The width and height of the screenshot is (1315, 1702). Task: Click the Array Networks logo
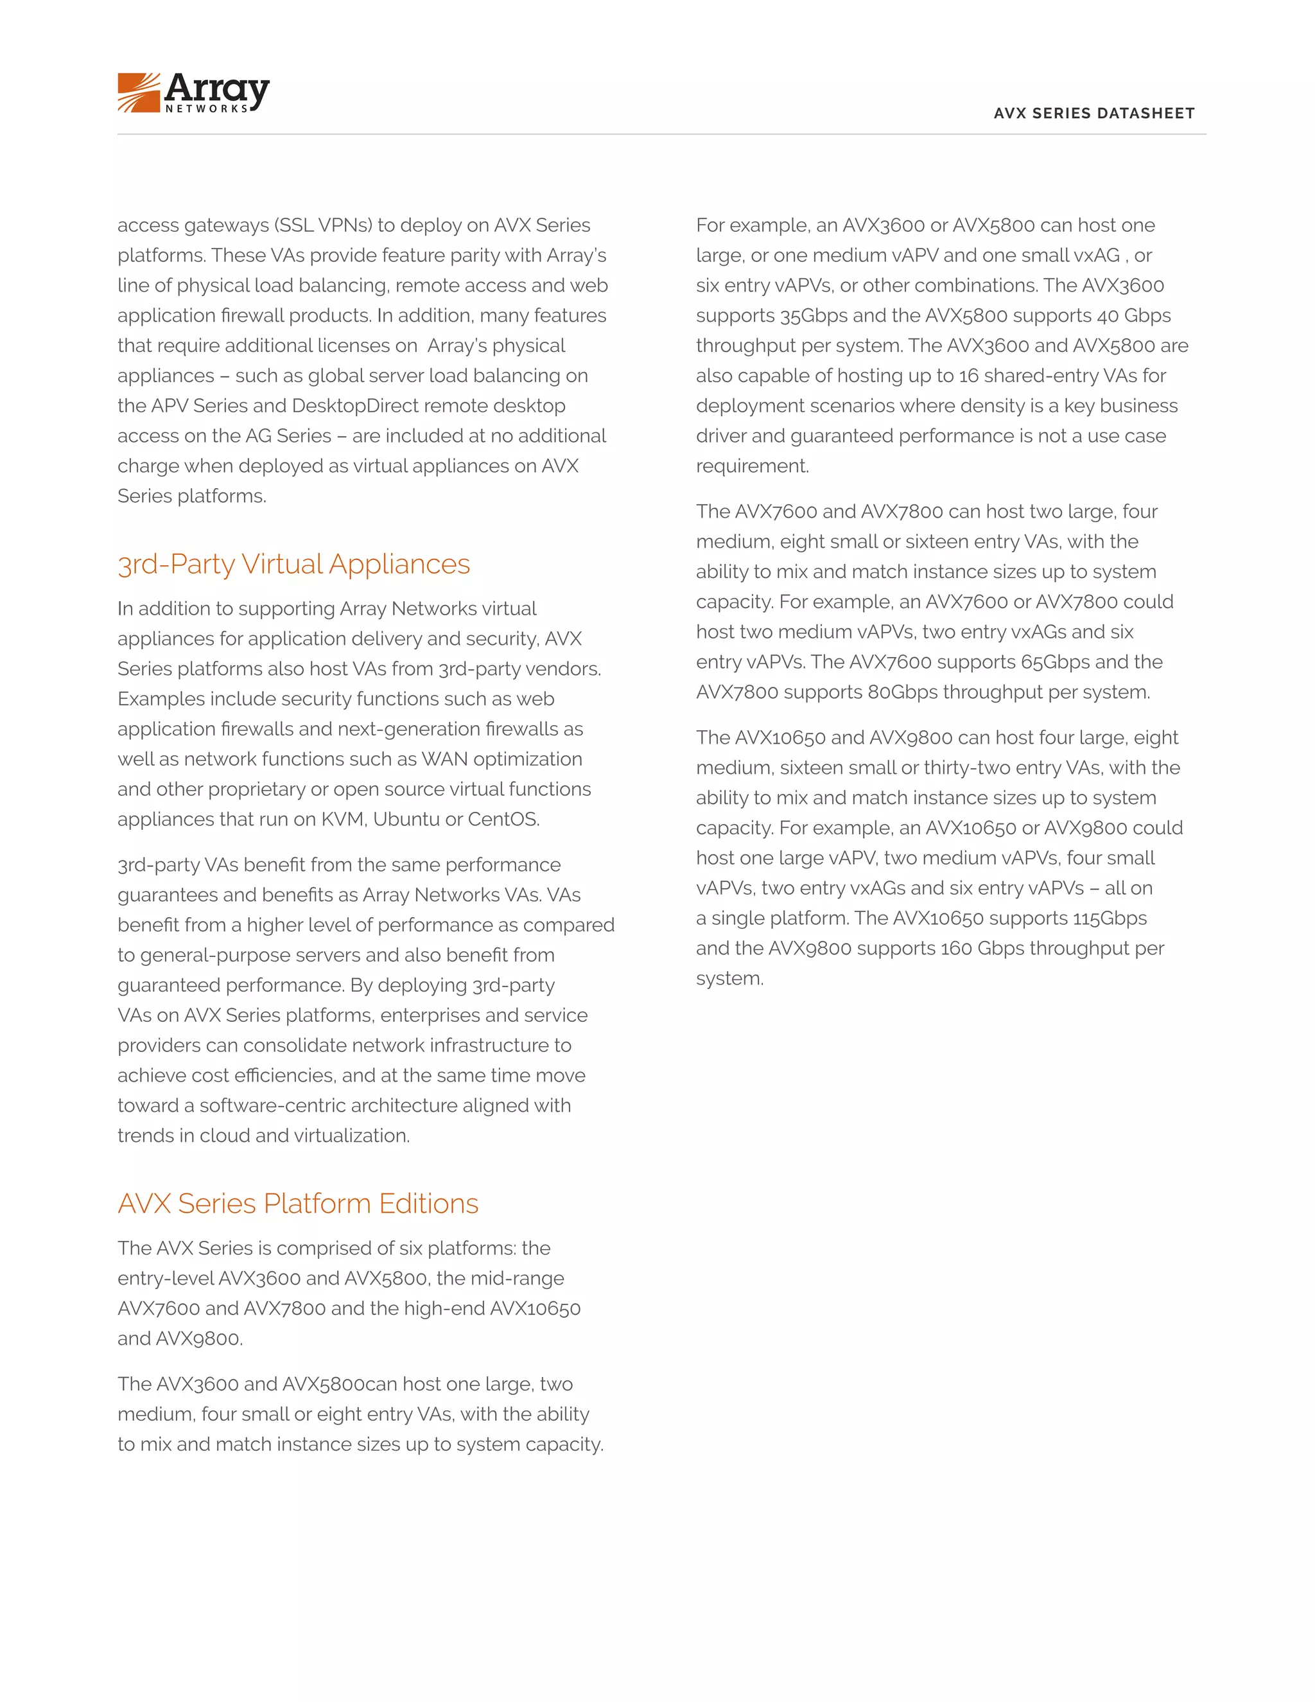(193, 92)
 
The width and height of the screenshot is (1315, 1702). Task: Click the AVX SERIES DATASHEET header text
(1093, 113)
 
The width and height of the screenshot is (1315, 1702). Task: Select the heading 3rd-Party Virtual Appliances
(293, 563)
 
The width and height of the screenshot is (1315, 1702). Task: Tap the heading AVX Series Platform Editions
(297, 1203)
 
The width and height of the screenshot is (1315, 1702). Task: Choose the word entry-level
(165, 1278)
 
